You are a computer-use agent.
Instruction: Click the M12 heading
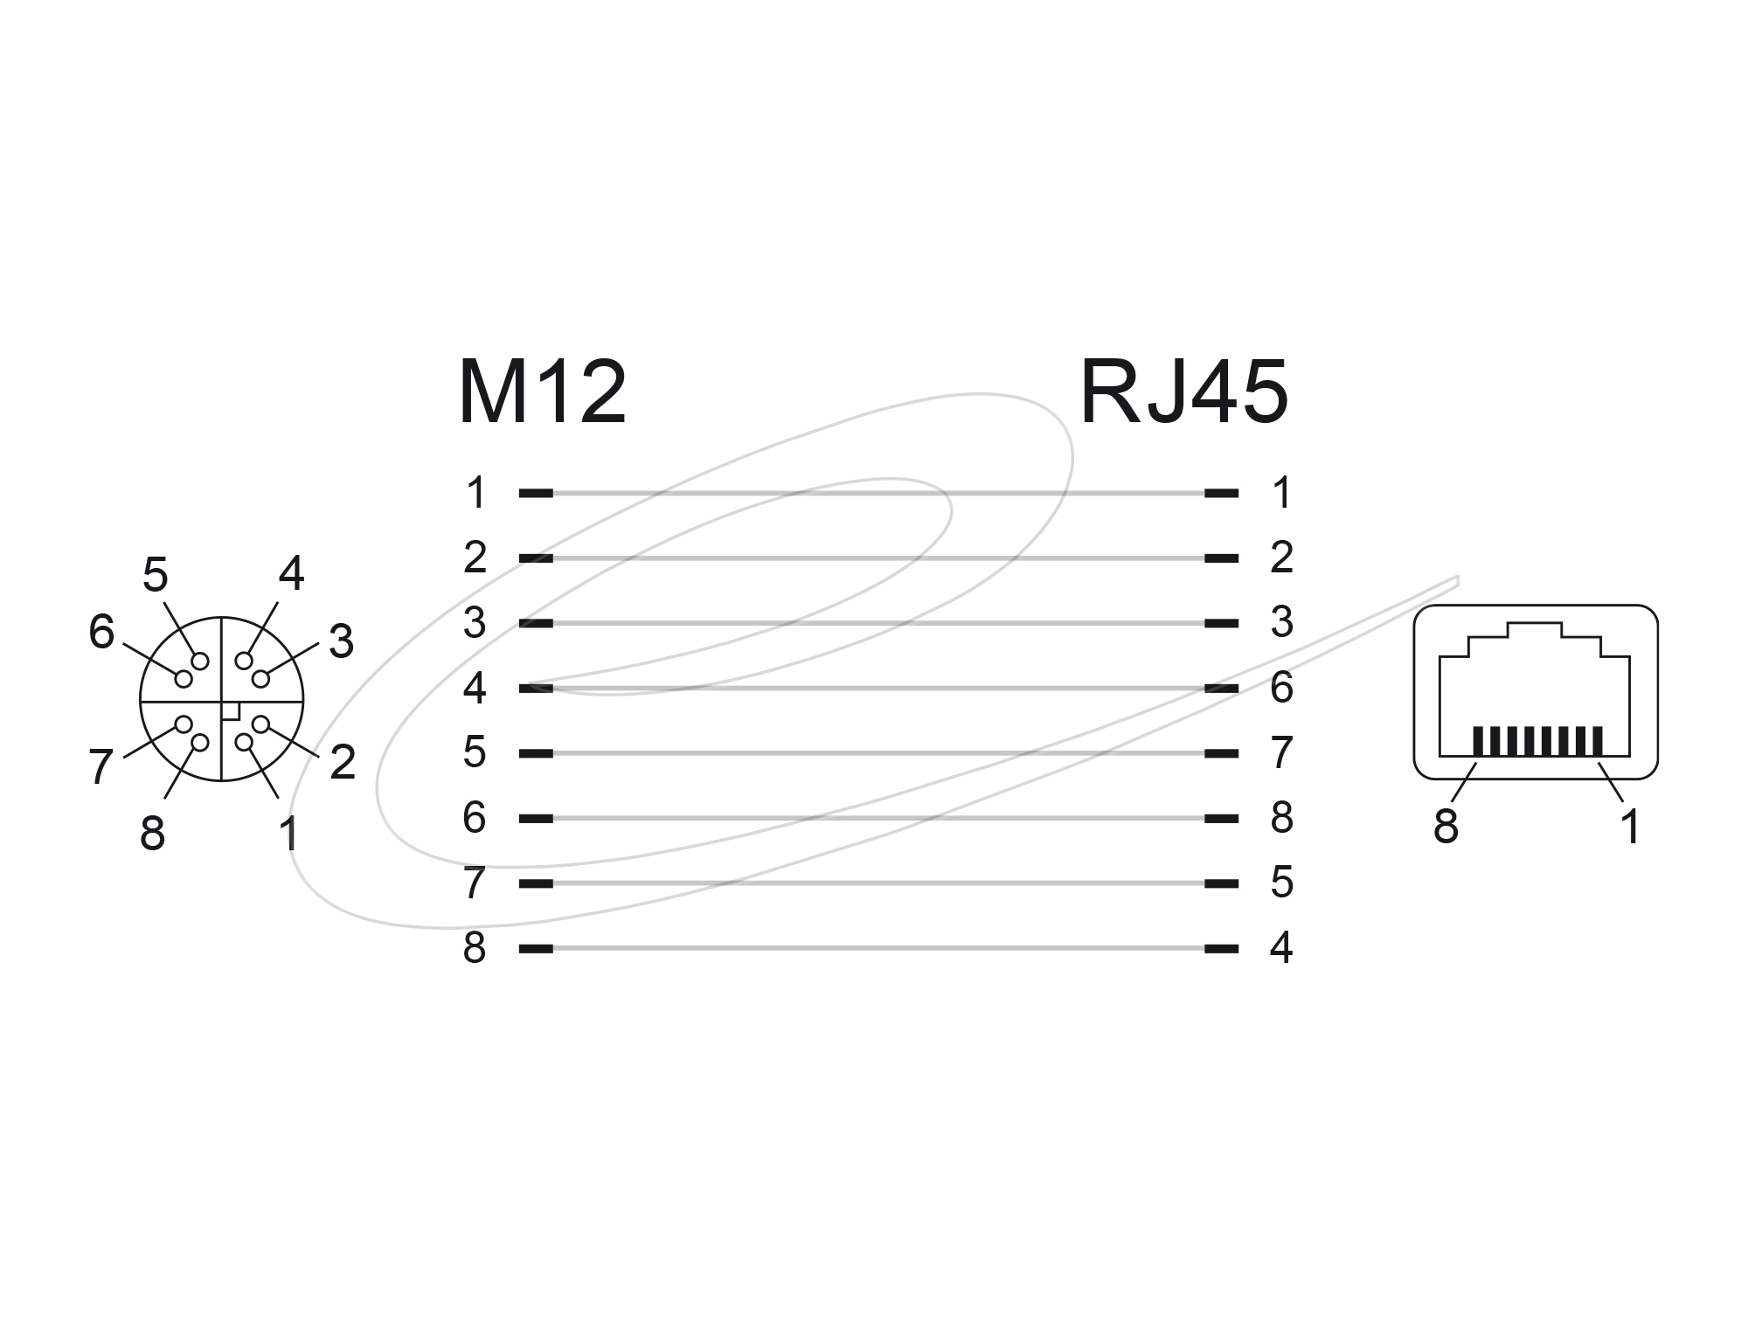pos(542,391)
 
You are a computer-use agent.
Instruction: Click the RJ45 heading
pos(1184,391)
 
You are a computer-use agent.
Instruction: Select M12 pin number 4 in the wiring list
pos(475,688)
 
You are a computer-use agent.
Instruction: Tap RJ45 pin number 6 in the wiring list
pos(1281,688)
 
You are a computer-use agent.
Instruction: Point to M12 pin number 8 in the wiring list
pos(475,948)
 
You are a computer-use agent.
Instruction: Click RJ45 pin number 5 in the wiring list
pos(1281,883)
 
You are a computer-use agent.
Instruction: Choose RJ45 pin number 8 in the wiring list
pos(1281,818)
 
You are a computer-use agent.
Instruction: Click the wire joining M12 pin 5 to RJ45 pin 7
pos(878,753)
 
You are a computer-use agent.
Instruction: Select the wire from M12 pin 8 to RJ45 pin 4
pos(878,948)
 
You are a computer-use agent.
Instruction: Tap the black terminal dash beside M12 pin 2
pos(536,558)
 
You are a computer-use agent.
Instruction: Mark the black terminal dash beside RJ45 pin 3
pos(1221,623)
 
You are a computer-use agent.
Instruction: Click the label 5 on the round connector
pos(155,575)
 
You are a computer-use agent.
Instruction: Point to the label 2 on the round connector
pos(343,762)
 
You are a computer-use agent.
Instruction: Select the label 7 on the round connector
pos(101,768)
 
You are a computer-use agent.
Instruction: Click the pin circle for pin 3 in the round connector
pos(260,678)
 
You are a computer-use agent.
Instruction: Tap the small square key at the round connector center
pos(231,711)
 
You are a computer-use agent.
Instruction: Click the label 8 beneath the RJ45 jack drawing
pos(1446,826)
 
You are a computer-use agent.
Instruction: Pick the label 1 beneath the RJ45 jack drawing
pos(1629,826)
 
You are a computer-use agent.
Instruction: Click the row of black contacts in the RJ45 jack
pos(1538,740)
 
